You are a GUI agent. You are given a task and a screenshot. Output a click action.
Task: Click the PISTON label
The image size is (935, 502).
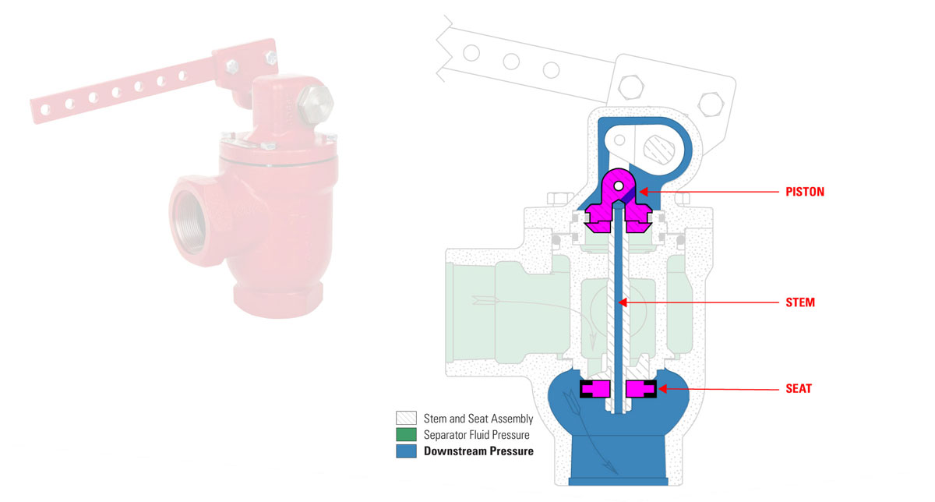[x=805, y=190]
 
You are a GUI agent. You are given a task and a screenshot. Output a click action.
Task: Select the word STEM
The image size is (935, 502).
[x=799, y=302]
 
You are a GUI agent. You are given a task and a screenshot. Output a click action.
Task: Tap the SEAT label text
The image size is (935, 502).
[x=798, y=388]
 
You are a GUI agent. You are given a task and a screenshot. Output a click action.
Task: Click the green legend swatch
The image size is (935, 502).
[x=406, y=434]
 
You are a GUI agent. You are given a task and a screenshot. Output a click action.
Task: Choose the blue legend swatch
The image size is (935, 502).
[x=406, y=451]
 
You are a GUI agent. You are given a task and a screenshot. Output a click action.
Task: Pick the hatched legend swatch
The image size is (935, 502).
[x=406, y=418]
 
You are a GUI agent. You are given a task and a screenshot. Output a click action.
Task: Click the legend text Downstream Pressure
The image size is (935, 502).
[x=478, y=451]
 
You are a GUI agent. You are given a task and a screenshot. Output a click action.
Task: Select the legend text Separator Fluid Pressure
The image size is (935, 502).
[x=476, y=434]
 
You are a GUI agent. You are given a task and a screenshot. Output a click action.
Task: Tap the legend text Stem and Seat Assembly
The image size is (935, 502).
[x=473, y=418]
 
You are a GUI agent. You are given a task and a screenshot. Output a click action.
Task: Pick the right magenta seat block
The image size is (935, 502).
[x=640, y=388]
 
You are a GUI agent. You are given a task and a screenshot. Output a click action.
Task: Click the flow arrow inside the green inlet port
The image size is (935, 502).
[x=483, y=297]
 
